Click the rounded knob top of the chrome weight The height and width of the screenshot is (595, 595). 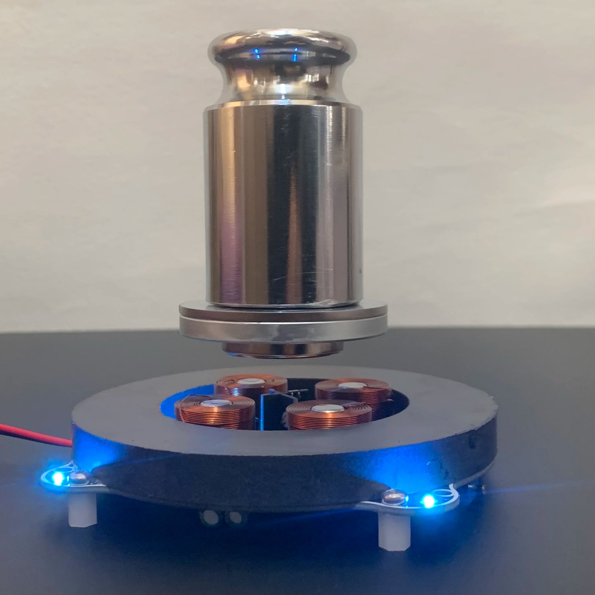click(x=281, y=45)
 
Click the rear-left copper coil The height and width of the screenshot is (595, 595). click(x=251, y=387)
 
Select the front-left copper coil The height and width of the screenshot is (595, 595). click(x=215, y=410)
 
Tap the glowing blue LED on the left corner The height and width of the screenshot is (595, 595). click(x=58, y=478)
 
